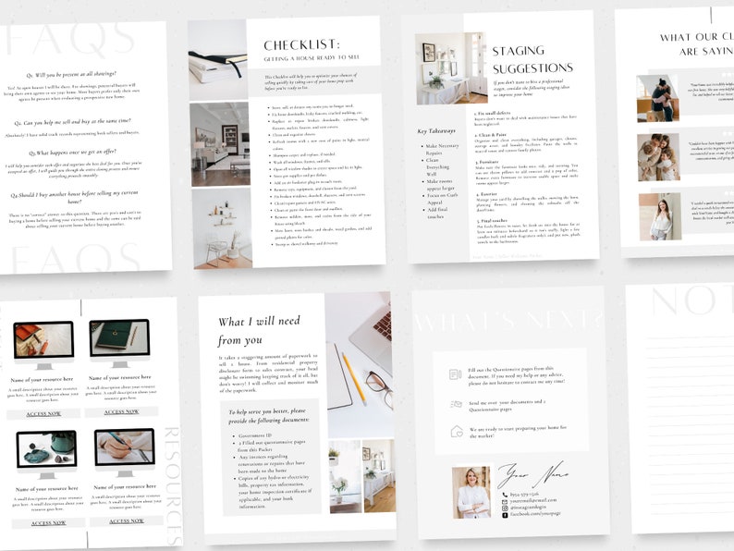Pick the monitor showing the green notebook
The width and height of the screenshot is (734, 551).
pos(119,341)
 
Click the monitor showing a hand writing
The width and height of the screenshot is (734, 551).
pos(123,450)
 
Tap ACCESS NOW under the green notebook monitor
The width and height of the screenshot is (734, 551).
pos(120,412)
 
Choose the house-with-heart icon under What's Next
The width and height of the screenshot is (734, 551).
pos(456,431)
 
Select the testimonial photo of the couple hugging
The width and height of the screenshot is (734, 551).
pos(657,99)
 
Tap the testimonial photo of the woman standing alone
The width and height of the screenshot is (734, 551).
pos(659,217)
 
